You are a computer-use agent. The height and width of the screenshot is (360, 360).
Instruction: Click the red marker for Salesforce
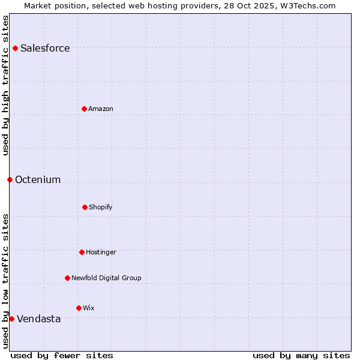pos(15,48)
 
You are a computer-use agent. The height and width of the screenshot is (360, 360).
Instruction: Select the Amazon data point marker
pos(84,109)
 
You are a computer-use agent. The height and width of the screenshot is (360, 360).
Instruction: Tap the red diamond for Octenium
pos(10,179)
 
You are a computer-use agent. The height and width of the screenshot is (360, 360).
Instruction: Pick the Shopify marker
pos(85,207)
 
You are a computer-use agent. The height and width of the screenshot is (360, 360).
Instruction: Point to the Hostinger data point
pos(82,252)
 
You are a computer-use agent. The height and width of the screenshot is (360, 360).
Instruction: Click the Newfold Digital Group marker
pos(67,278)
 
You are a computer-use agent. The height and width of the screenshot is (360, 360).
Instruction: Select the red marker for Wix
pos(79,308)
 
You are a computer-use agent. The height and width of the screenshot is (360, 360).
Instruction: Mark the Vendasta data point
pos(11,319)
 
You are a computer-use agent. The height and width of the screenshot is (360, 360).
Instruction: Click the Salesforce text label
pos(45,49)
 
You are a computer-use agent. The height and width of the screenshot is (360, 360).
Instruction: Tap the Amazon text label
pos(101,109)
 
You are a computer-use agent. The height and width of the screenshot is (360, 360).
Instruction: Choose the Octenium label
pos(38,180)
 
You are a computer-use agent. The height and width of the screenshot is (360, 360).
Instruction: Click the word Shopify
pos(101,208)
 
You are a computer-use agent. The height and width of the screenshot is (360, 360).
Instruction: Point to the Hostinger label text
pos(101,253)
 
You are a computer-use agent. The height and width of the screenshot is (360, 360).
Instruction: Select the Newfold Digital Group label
pos(106,278)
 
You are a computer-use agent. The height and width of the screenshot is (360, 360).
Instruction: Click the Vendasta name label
pos(39,319)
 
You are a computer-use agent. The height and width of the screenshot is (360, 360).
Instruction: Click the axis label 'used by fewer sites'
pos(62,355)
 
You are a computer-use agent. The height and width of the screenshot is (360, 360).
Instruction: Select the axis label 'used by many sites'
pos(301,355)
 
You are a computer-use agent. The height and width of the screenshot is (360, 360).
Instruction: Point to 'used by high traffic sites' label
pos(5,85)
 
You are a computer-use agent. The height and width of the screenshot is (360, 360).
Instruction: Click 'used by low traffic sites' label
pos(5,281)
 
